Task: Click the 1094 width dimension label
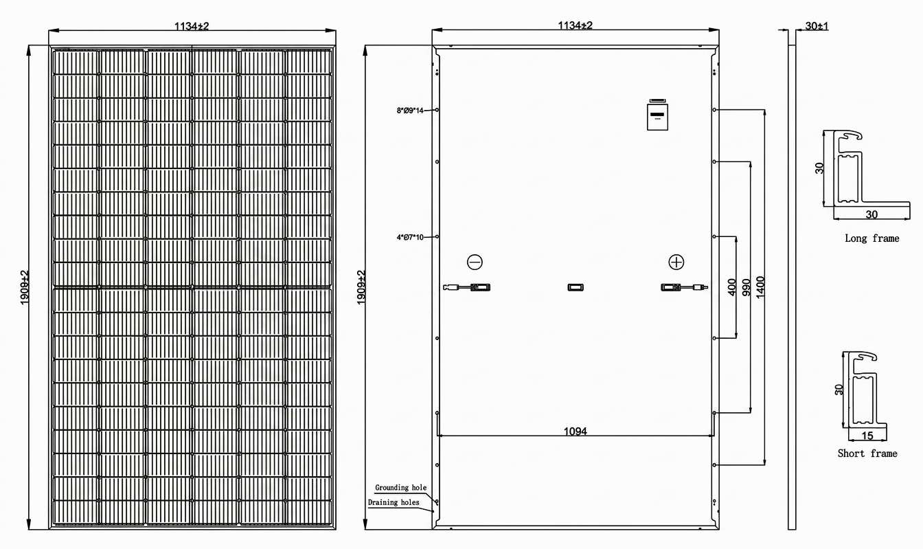pyautogui.click(x=576, y=431)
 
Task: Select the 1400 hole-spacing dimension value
pyautogui.click(x=761, y=287)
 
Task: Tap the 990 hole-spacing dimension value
pyautogui.click(x=747, y=287)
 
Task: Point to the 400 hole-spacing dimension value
pyautogui.click(x=732, y=287)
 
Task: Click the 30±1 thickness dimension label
pyautogui.click(x=817, y=26)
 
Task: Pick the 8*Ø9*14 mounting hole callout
pyautogui.click(x=410, y=111)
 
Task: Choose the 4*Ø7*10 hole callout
pyautogui.click(x=410, y=238)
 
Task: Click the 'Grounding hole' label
pyautogui.click(x=400, y=488)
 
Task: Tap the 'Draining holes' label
pyautogui.click(x=394, y=502)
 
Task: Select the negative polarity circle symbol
pyautogui.click(x=475, y=262)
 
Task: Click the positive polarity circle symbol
pyautogui.click(x=676, y=262)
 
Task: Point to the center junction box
pyautogui.click(x=576, y=287)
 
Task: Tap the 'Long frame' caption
pyautogui.click(x=872, y=238)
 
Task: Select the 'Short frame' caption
pyautogui.click(x=867, y=453)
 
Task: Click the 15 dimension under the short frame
pyautogui.click(x=867, y=436)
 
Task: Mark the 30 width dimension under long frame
pyautogui.click(x=871, y=214)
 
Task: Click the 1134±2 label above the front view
pyautogui.click(x=192, y=26)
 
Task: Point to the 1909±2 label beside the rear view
pyautogui.click(x=361, y=287)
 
